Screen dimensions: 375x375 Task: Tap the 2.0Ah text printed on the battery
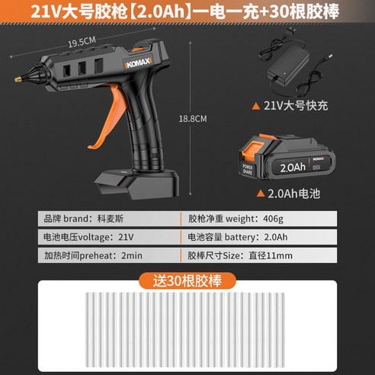tap(293, 168)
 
